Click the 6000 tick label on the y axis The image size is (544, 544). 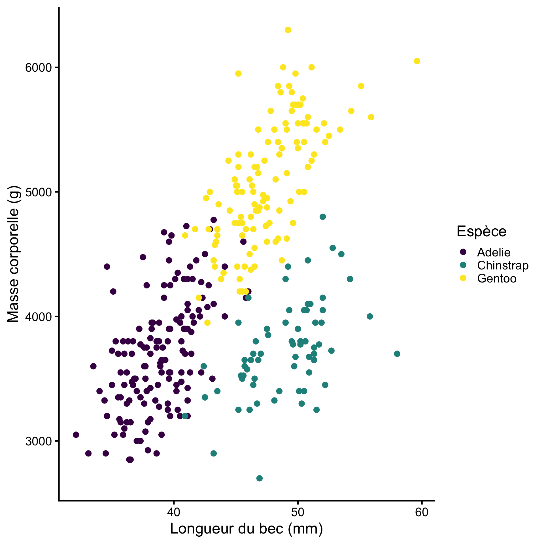[x=39, y=67]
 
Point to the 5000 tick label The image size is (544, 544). [x=39, y=192]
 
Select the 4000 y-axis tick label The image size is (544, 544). [x=39, y=316]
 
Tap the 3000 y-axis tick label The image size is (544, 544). [x=39, y=441]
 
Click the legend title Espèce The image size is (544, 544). [x=481, y=231]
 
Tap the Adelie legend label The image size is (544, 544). [x=494, y=252]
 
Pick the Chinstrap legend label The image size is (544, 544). [x=503, y=265]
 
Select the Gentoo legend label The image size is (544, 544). [x=497, y=279]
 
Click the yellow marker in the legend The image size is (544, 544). [x=463, y=278]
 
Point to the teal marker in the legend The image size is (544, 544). [x=463, y=265]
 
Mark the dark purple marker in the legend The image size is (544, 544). [x=463, y=252]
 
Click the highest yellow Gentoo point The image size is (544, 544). [x=288, y=30]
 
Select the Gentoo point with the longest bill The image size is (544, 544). [x=417, y=61]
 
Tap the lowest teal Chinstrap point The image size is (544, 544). [x=259, y=478]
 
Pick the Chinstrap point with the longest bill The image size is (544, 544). [x=397, y=354]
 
